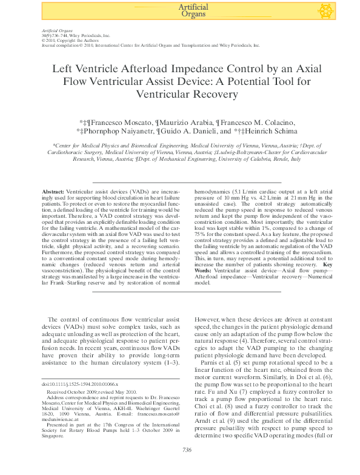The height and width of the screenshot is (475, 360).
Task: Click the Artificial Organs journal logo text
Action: click(194, 10)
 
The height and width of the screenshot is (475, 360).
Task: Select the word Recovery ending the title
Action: click(214, 93)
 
